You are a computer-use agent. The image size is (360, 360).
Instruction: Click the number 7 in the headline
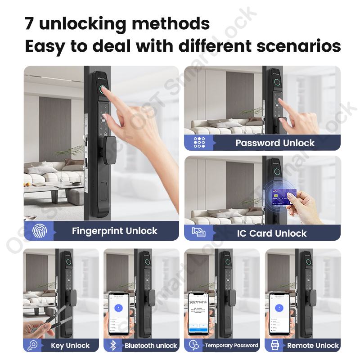coord(30,24)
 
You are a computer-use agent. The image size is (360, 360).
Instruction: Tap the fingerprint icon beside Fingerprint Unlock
coord(39,231)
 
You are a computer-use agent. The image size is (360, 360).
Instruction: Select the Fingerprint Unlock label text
coord(114,231)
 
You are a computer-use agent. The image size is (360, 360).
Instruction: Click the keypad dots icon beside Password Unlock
coord(199,143)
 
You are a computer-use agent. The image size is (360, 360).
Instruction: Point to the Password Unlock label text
coord(275,143)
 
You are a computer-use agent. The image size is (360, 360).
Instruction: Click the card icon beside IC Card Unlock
coord(198,233)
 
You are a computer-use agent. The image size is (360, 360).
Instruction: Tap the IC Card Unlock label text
coord(271,233)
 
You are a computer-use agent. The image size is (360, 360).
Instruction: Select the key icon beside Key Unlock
coord(32,345)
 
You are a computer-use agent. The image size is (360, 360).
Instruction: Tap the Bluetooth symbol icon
coord(113,345)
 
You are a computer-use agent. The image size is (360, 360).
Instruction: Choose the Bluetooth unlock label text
coord(151,346)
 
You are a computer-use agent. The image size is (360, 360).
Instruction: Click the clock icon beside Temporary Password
coord(194,345)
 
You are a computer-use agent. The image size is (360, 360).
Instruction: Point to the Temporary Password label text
coord(231,346)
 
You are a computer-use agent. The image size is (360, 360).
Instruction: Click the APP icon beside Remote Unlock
coord(274,345)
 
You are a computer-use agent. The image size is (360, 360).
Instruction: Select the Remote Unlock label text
coord(313,346)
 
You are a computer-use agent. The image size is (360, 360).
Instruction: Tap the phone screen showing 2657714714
coord(198,313)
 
